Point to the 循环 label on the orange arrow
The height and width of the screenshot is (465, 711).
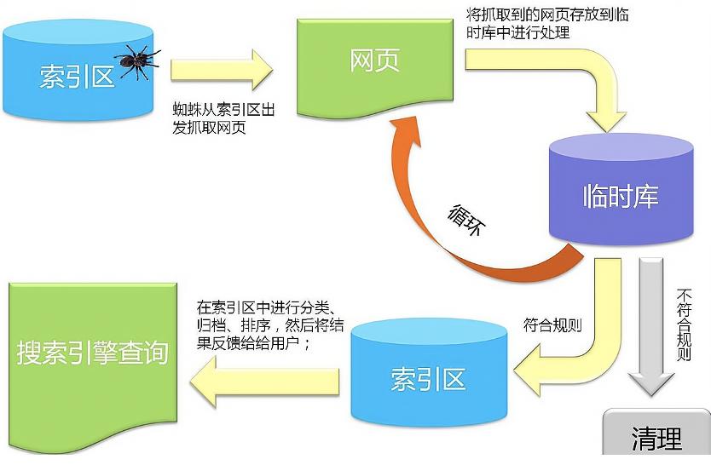[465, 222]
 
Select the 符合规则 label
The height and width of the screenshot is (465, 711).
[552, 324]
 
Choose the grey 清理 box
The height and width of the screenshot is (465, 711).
[656, 439]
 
